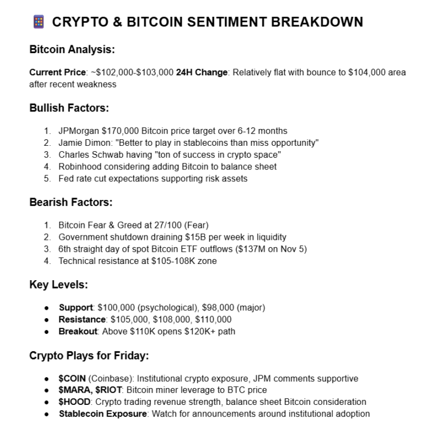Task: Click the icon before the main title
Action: [37, 22]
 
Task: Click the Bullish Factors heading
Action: [69, 108]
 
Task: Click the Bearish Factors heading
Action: [71, 202]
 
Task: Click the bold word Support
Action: [75, 308]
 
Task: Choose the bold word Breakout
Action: [78, 331]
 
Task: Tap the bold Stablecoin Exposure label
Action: [103, 414]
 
